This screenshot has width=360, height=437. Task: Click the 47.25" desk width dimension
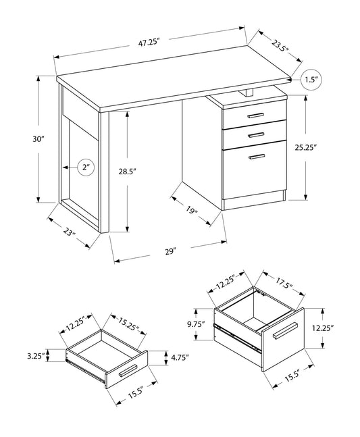tap(149, 43)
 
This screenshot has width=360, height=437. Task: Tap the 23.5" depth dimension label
tap(280, 46)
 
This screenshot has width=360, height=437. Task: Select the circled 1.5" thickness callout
tap(311, 80)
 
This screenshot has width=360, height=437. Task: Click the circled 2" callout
tap(86, 168)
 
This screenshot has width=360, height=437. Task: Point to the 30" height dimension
tap(38, 138)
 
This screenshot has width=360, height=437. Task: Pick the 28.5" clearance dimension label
tap(127, 172)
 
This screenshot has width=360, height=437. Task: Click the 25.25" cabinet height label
tap(306, 147)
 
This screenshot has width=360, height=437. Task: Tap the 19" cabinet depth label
tap(191, 210)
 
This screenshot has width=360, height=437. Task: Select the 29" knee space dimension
tap(171, 251)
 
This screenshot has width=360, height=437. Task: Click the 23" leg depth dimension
tap(69, 232)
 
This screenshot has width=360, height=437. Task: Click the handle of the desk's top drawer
tap(255, 115)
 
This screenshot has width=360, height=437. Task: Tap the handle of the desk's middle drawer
tap(256, 135)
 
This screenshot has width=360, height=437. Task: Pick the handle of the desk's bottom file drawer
tap(257, 157)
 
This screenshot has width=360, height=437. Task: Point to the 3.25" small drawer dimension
tap(36, 356)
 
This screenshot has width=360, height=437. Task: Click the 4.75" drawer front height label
tap(180, 357)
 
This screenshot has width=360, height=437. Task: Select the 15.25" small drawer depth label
tap(128, 324)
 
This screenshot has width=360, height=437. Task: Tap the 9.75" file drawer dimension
tap(196, 324)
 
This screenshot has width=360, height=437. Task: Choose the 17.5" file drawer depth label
tap(283, 283)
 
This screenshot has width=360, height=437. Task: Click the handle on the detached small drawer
tap(128, 370)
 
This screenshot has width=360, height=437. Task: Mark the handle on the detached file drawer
tap(285, 331)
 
